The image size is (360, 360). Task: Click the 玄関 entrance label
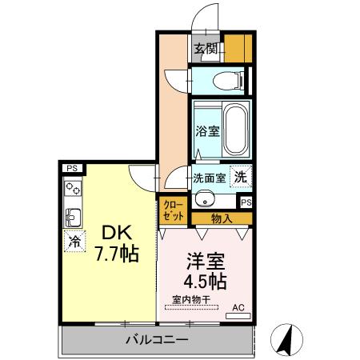pyautogui.click(x=206, y=49)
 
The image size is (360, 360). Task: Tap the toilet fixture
pyautogui.click(x=228, y=80)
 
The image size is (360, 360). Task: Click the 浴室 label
pyautogui.click(x=207, y=130)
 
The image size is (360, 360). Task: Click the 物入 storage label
pyautogui.click(x=222, y=218)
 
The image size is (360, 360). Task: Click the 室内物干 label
pyautogui.click(x=190, y=301)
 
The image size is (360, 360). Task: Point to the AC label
pyautogui.click(x=238, y=306)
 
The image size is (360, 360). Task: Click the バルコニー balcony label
pyautogui.click(x=157, y=340)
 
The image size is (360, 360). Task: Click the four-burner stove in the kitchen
pyautogui.click(x=74, y=189)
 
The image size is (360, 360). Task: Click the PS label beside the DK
pyautogui.click(x=72, y=168)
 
